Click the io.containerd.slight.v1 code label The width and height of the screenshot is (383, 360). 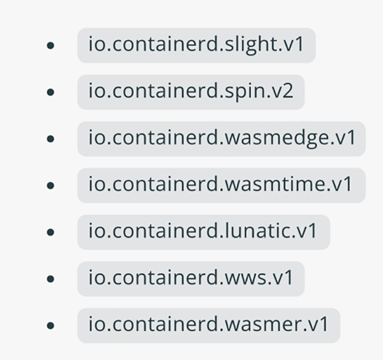click(x=197, y=45)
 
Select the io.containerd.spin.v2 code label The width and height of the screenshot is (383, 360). click(x=191, y=92)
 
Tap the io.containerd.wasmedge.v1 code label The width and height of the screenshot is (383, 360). click(x=221, y=139)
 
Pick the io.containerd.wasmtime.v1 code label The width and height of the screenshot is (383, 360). click(x=221, y=185)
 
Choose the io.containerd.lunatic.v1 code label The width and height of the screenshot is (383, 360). click(x=203, y=232)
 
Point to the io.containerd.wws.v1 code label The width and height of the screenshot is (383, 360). click(x=191, y=278)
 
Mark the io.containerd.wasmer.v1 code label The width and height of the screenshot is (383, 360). click(x=209, y=325)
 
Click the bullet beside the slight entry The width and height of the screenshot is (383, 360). click(x=50, y=46)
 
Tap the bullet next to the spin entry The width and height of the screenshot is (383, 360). click(x=50, y=93)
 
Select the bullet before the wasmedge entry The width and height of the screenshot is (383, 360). click(x=50, y=139)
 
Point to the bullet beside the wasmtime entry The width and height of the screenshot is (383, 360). click(x=50, y=186)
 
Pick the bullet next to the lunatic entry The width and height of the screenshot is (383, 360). click(x=50, y=232)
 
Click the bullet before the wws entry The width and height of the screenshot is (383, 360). click(x=50, y=279)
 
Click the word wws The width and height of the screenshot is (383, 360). click(x=245, y=278)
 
